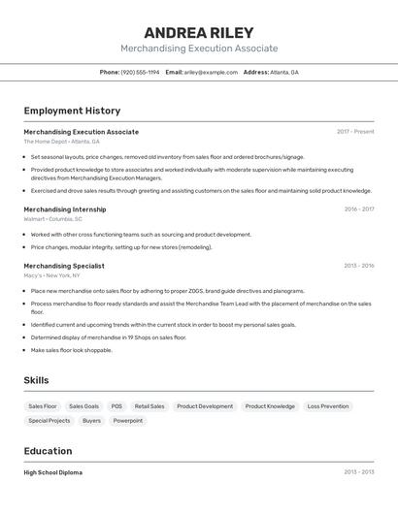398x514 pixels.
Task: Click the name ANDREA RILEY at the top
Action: click(199, 32)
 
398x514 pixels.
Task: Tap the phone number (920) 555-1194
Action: click(140, 72)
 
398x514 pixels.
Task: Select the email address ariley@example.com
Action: click(212, 72)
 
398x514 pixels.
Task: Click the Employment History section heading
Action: click(72, 111)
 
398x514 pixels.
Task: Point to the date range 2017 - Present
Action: click(355, 131)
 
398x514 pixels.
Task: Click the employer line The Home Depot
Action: click(62, 142)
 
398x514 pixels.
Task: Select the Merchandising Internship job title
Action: click(65, 209)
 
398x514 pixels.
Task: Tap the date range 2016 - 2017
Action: click(358, 209)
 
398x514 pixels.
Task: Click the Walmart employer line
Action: click(52, 219)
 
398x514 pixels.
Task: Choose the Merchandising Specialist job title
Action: click(64, 265)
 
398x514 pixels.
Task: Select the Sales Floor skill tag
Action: click(43, 406)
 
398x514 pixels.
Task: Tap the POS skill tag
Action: click(116, 406)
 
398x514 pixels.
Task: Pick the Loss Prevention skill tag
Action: click(327, 406)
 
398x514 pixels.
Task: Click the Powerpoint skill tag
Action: click(127, 421)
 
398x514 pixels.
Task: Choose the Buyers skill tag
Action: click(91, 421)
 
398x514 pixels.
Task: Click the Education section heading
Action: click(48, 451)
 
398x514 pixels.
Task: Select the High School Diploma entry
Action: click(53, 472)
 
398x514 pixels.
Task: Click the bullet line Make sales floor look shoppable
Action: click(71, 350)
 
